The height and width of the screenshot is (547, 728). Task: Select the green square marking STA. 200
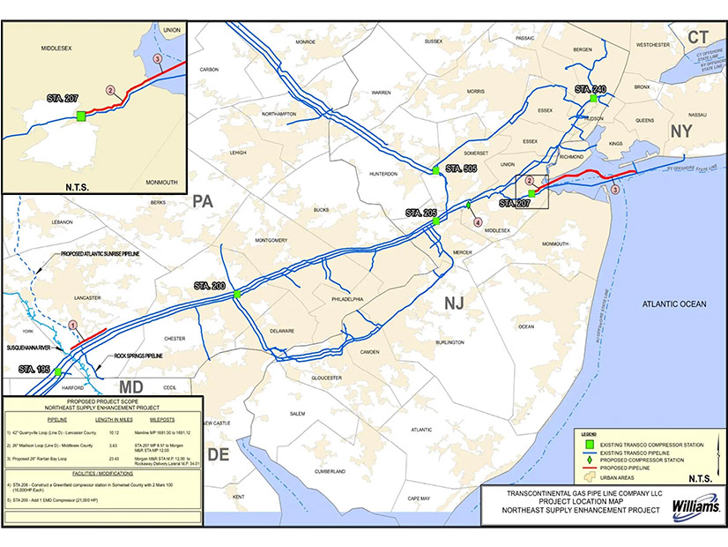point(237,295)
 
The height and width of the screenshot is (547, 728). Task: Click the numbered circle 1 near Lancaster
point(73,325)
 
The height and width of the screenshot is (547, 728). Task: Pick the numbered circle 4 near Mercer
point(478,222)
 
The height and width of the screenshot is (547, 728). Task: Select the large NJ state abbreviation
point(453,303)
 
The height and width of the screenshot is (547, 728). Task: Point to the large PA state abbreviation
point(204,202)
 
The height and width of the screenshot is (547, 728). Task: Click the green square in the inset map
point(80,116)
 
